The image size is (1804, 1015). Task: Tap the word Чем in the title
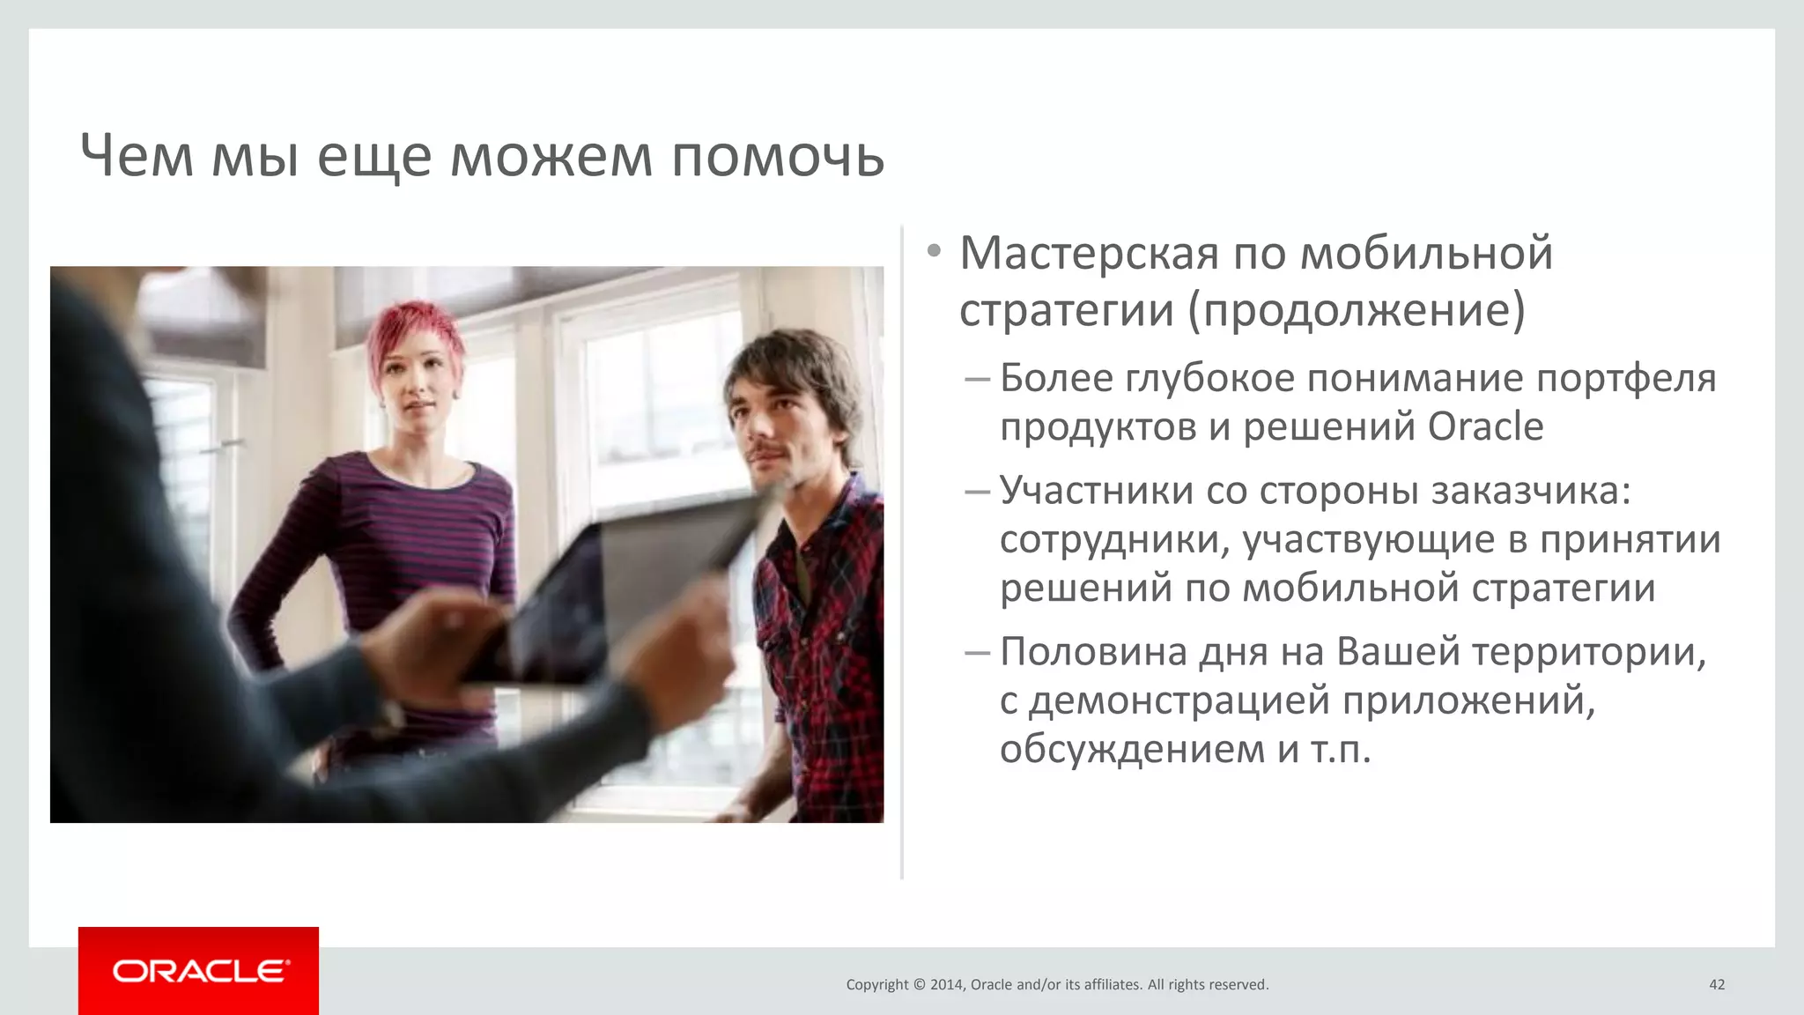[x=137, y=157]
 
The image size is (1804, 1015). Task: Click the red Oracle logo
[x=199, y=971]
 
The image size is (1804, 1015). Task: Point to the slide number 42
[x=1716, y=985]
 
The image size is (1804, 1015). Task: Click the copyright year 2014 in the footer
[x=947, y=985]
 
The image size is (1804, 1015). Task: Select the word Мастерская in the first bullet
[x=1089, y=254]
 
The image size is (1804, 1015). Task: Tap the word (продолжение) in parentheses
[x=1357, y=310]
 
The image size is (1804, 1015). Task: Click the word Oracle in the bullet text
[x=1485, y=427]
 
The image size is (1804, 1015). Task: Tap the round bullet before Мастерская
[x=935, y=252]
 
